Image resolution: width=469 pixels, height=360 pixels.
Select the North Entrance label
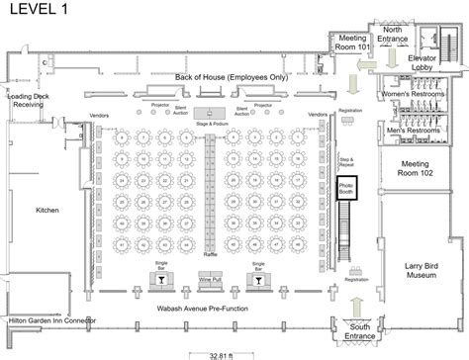(x=393, y=36)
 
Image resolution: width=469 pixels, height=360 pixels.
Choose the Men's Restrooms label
(x=410, y=130)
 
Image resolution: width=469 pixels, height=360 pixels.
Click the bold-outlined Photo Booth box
(x=347, y=188)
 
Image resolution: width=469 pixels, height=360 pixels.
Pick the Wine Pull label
(x=211, y=282)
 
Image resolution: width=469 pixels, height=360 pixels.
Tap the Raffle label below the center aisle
(x=210, y=254)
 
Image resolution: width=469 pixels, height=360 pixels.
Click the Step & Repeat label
(x=346, y=159)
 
